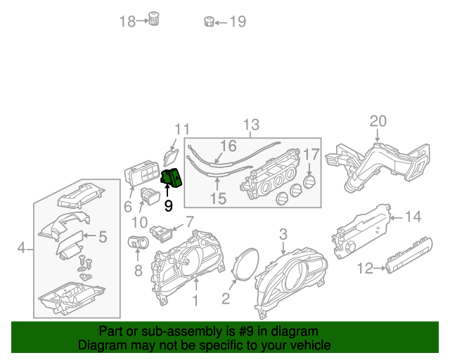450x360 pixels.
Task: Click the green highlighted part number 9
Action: click(172, 179)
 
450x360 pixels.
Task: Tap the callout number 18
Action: click(127, 22)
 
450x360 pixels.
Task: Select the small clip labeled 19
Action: click(208, 21)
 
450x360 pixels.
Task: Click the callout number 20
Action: click(378, 121)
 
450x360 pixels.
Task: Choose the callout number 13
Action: click(251, 126)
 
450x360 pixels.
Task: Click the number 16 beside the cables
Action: click(228, 146)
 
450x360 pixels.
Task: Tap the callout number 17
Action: click(311, 154)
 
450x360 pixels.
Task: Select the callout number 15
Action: click(218, 199)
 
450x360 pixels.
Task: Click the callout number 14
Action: click(413, 217)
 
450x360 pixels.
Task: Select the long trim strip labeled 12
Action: click(408, 256)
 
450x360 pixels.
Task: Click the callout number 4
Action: click(21, 247)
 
